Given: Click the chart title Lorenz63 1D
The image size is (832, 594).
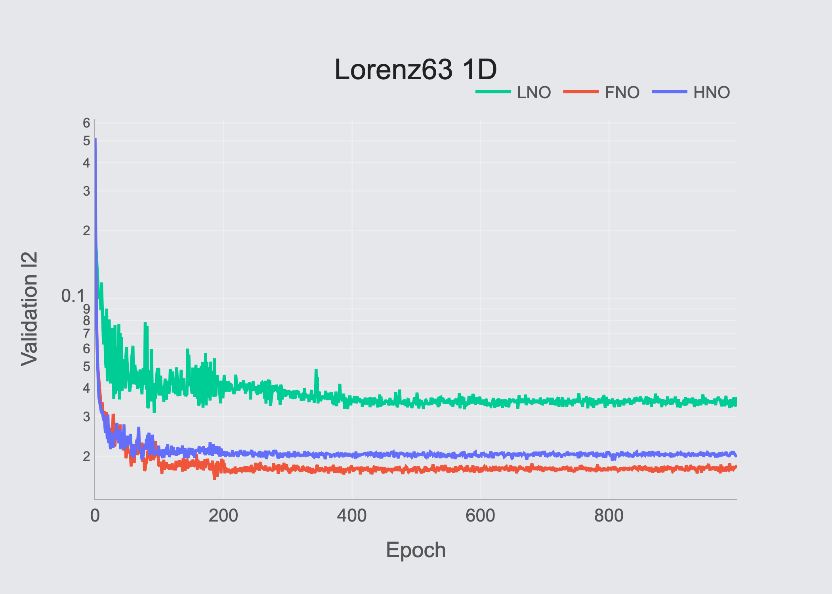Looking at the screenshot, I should (x=416, y=69).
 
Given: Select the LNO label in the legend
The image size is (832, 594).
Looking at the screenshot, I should (x=534, y=93).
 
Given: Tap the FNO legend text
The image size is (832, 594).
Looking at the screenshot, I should (x=622, y=93).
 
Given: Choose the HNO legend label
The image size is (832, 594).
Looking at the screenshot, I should (x=712, y=93).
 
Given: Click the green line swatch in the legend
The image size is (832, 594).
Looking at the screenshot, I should (x=493, y=92).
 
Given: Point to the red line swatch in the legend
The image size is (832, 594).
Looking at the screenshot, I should (x=581, y=92).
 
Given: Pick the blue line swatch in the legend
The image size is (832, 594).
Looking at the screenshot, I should (x=670, y=92).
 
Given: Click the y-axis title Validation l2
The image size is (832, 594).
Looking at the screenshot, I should (x=30, y=309).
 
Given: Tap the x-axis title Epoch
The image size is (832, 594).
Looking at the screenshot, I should (x=416, y=550).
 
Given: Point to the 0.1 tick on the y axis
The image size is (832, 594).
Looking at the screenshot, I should (x=73, y=296).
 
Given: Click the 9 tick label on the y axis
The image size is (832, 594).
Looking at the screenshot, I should (x=86, y=309).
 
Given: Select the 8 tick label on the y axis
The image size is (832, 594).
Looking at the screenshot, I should (x=86, y=320).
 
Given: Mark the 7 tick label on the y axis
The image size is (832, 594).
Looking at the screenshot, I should (x=86, y=334).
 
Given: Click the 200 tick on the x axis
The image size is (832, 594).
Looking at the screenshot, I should (x=223, y=516).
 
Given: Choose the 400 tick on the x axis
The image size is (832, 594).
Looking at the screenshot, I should (x=352, y=516).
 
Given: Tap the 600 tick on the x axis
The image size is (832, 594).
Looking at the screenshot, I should (x=480, y=516).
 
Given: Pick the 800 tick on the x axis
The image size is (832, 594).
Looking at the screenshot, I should (x=609, y=516).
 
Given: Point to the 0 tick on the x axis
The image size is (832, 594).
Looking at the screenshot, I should (x=95, y=516).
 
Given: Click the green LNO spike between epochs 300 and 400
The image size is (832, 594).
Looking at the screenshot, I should (x=316, y=370).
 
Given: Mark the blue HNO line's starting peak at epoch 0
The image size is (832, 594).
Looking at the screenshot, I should (x=95, y=139).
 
